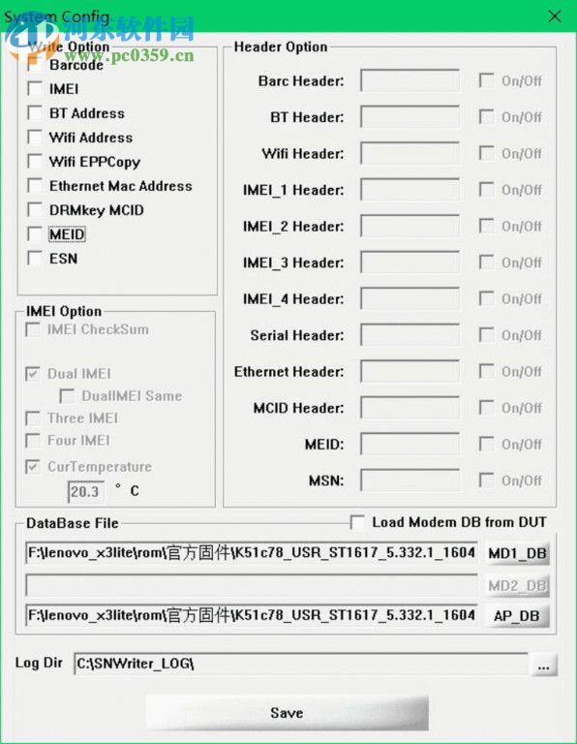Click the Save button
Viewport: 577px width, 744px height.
coord(287,713)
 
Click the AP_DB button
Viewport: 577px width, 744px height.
coord(517,615)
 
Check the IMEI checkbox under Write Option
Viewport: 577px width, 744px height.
coord(35,89)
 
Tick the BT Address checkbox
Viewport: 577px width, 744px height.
coord(35,113)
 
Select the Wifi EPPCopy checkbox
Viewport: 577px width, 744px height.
coord(35,162)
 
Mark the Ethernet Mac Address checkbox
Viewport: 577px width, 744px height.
coord(35,186)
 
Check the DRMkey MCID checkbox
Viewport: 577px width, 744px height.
coord(35,210)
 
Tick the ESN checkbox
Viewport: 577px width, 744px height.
coord(35,259)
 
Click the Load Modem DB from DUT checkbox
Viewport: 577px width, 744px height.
coord(358,522)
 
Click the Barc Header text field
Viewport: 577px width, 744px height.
coord(410,80)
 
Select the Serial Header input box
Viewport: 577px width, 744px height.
coord(410,335)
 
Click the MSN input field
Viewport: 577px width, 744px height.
coord(410,480)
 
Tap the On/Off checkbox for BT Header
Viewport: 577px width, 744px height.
coord(486,117)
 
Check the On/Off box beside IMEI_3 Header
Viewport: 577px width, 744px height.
coord(486,263)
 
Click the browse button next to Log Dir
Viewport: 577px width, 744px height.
coord(543,665)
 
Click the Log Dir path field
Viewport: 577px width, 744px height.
coord(300,665)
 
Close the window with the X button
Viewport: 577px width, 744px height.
coord(555,16)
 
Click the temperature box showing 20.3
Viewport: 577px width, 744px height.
coord(85,491)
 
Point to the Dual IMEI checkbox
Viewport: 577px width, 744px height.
coord(33,374)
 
